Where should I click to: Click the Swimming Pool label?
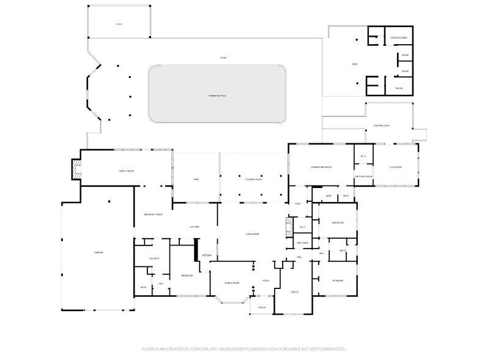[x=218, y=97]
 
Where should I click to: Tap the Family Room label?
[x=126, y=171]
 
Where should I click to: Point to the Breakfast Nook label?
[x=153, y=214]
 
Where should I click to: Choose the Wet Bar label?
[x=207, y=255]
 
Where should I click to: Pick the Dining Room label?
[x=231, y=283]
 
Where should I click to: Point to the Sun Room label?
[x=395, y=166]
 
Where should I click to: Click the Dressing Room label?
[x=365, y=176]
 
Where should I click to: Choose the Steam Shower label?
[x=399, y=38]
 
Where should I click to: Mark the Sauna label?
[x=399, y=88]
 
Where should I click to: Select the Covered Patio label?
[x=253, y=179]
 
